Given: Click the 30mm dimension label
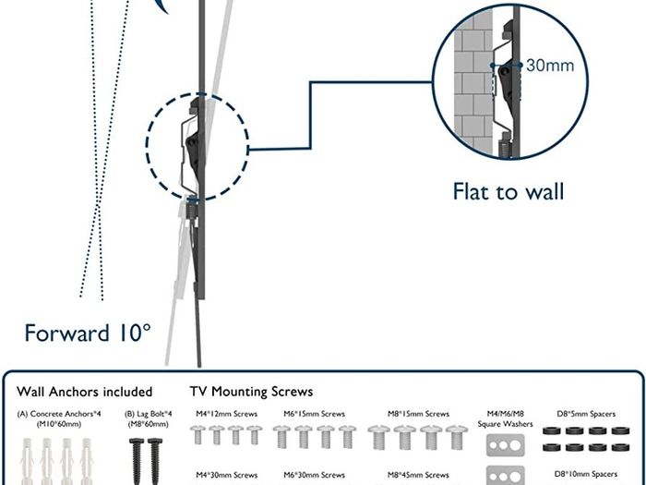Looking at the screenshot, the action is pos(550,66).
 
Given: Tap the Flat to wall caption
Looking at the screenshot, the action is pos(508,192).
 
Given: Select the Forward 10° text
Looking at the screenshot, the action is pos(88,333).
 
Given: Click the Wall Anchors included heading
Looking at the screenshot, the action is pos(85,392).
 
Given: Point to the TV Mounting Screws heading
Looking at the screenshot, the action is pos(251,392).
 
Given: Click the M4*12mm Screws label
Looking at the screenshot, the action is pos(227,414).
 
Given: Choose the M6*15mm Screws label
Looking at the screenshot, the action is pos(315,414).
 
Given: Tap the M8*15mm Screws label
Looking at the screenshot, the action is pos(418,414).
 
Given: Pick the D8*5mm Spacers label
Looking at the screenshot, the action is pos(586,414).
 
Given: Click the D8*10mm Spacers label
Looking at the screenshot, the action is pos(586,474).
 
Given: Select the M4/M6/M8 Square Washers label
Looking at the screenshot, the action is pos(505,418).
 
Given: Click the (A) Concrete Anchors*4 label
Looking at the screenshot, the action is pos(59,418).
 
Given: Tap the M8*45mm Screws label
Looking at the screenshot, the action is pos(418,475).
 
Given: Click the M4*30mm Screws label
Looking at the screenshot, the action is pos(227,475).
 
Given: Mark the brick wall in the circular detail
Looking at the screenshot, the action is pos(473,82).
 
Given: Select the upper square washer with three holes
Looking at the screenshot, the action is pos(506,445).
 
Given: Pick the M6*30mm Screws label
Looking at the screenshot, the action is pos(315,475).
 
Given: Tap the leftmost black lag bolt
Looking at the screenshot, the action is pos(136,461).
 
